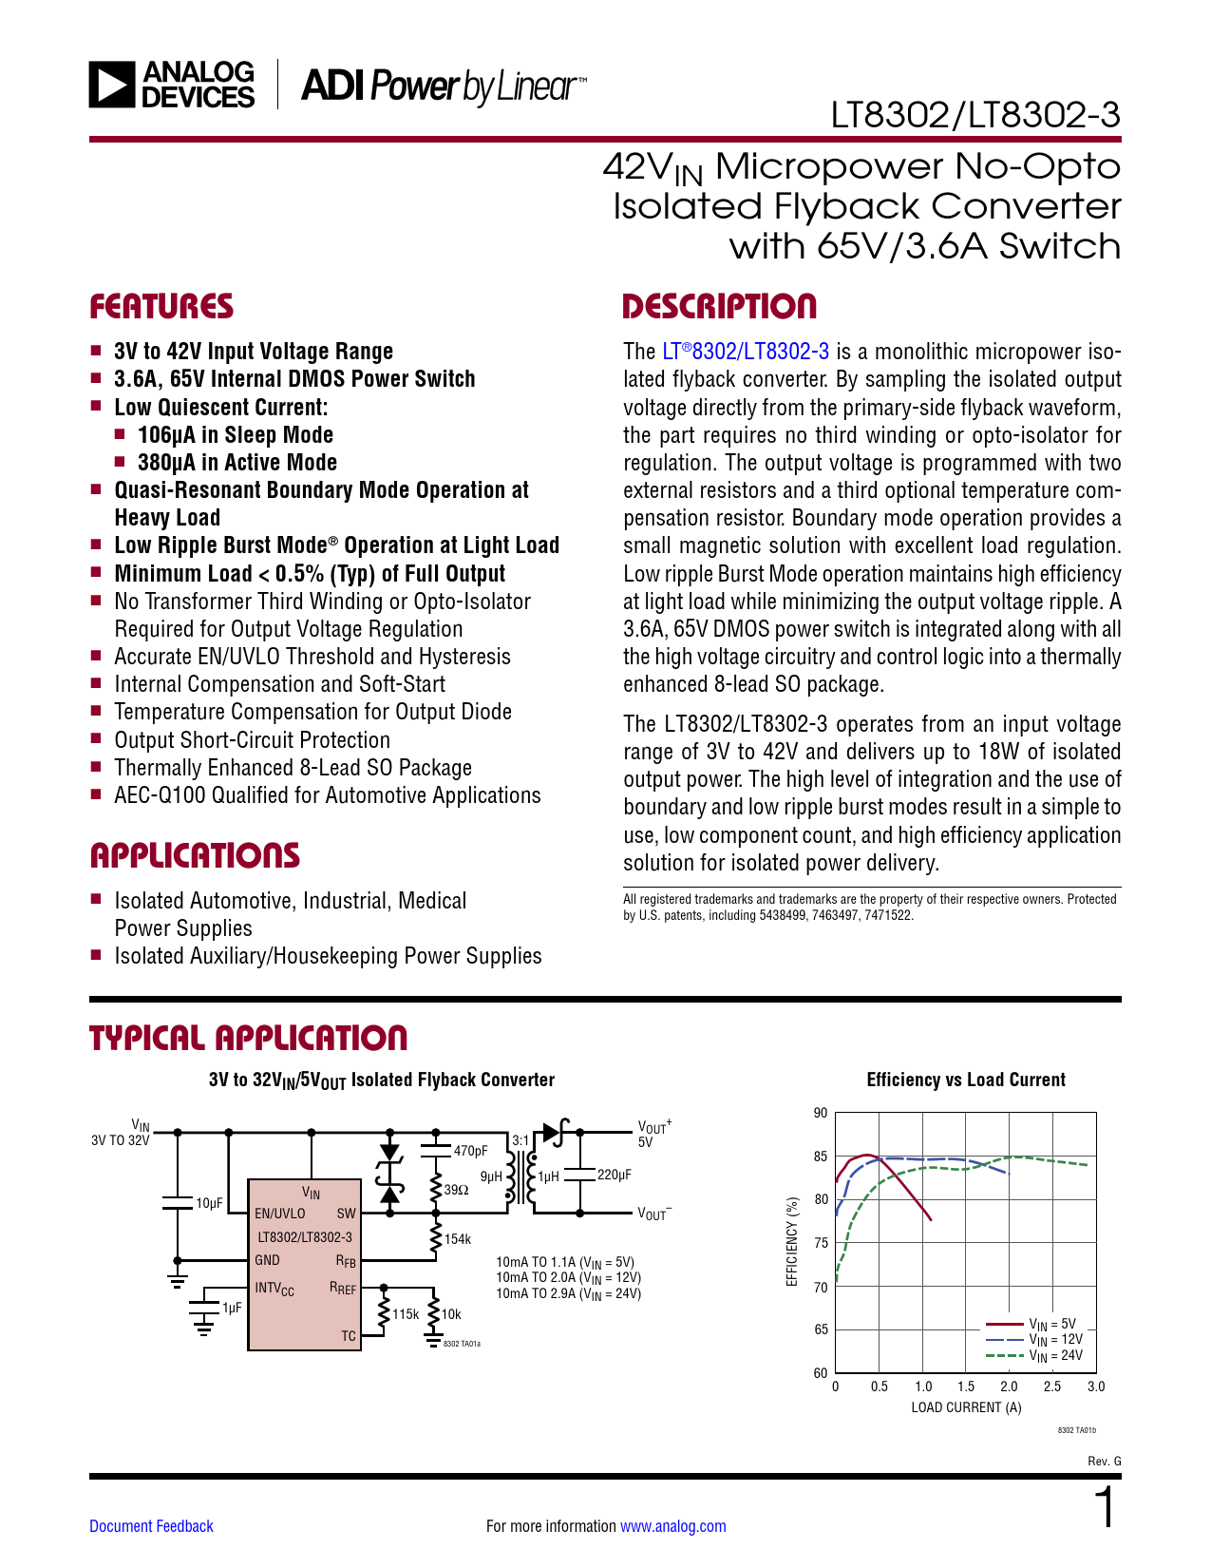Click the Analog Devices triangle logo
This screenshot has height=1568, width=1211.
point(112,85)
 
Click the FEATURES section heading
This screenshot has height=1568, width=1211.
point(161,307)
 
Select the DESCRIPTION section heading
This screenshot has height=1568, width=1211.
point(719,307)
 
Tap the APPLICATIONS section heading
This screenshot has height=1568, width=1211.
point(195,855)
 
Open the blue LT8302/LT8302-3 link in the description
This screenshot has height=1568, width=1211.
point(746,352)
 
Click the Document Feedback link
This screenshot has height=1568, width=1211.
point(151,1526)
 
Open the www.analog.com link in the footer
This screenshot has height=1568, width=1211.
point(672,1526)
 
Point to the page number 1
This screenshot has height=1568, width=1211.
point(1105,1509)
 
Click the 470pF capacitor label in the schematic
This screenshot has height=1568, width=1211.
point(470,1151)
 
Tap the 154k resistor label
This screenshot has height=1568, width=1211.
point(458,1239)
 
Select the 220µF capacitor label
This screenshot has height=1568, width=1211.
point(614,1175)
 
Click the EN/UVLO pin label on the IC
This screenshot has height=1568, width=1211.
point(280,1214)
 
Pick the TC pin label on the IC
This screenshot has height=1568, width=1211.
point(349,1336)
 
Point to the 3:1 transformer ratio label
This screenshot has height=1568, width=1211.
point(520,1140)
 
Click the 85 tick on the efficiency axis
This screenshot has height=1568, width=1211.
point(821,1157)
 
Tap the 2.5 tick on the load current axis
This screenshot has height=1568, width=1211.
point(1052,1386)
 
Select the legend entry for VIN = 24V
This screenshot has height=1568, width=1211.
point(1055,1356)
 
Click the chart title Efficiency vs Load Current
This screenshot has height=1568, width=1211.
point(966,1080)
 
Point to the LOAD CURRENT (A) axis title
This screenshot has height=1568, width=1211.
point(966,1407)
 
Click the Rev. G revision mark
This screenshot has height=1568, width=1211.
point(1104,1461)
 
